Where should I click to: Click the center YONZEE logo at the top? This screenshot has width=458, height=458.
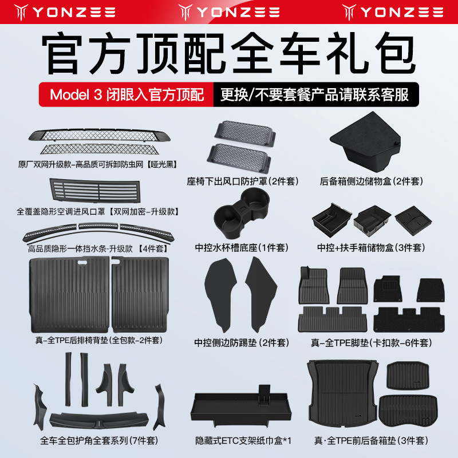tap(229, 11)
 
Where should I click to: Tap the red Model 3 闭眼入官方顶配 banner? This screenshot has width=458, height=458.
tap(127, 94)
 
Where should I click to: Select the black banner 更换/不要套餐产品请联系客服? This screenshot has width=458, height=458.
tap(315, 94)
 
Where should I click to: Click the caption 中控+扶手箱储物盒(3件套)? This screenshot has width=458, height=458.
tap(371, 248)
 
